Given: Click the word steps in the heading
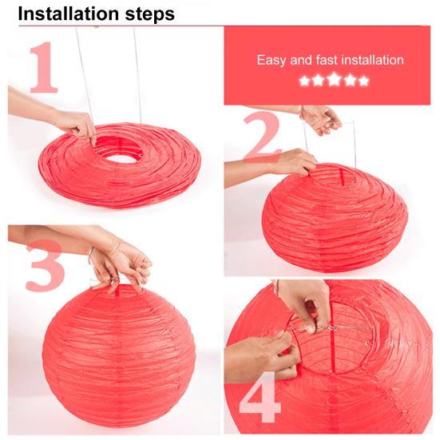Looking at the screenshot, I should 145,14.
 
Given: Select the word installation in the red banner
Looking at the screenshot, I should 371,60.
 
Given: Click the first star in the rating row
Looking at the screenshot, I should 304,81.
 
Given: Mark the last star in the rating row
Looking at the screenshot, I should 363,81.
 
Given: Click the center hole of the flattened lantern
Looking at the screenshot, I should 128,153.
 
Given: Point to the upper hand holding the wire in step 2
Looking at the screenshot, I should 323,121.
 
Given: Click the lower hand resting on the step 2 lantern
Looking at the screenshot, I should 292,164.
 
